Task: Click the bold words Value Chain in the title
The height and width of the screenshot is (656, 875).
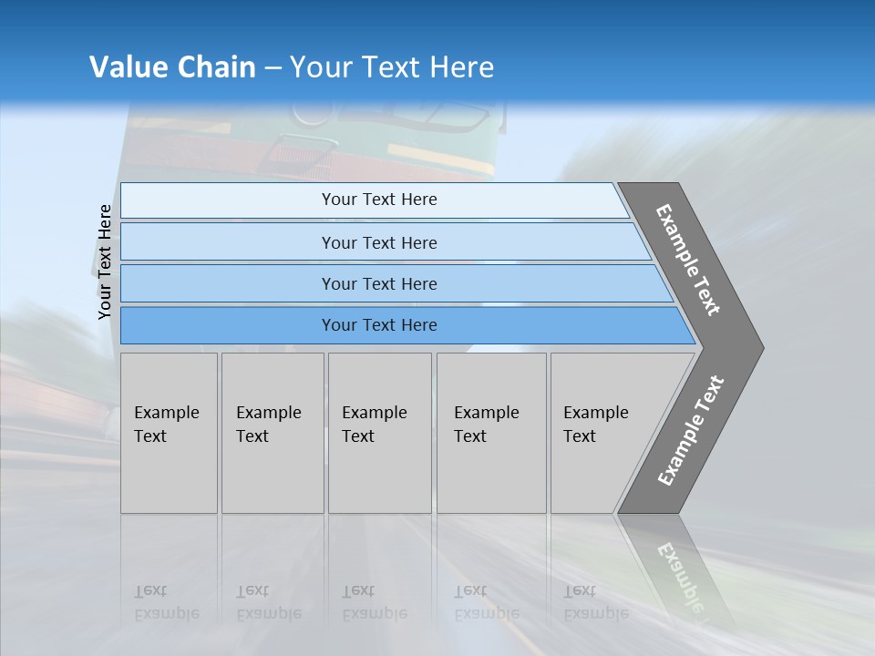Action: [172, 67]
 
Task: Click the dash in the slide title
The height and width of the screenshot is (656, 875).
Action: [273, 68]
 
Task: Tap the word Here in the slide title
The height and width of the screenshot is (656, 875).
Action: [461, 67]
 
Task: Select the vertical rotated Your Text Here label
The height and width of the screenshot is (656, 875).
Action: [105, 261]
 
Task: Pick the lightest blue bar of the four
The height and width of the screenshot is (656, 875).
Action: [378, 200]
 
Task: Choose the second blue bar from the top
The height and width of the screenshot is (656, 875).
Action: [378, 242]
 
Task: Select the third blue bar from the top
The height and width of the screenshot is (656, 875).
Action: [378, 283]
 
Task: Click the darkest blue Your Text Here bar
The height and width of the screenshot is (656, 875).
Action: [378, 325]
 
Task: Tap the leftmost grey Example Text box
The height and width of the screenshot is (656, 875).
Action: [169, 433]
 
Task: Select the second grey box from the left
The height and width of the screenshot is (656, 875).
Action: [272, 433]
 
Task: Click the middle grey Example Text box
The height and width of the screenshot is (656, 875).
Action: [379, 433]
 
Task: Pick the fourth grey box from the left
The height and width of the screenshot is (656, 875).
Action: [491, 433]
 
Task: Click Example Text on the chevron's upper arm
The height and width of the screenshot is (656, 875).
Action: [689, 260]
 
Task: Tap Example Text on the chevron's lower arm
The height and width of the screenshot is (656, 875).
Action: [691, 430]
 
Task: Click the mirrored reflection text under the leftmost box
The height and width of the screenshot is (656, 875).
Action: [166, 602]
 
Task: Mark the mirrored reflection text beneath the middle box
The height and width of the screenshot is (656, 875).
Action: [374, 602]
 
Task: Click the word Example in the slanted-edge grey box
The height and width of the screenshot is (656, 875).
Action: [595, 413]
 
